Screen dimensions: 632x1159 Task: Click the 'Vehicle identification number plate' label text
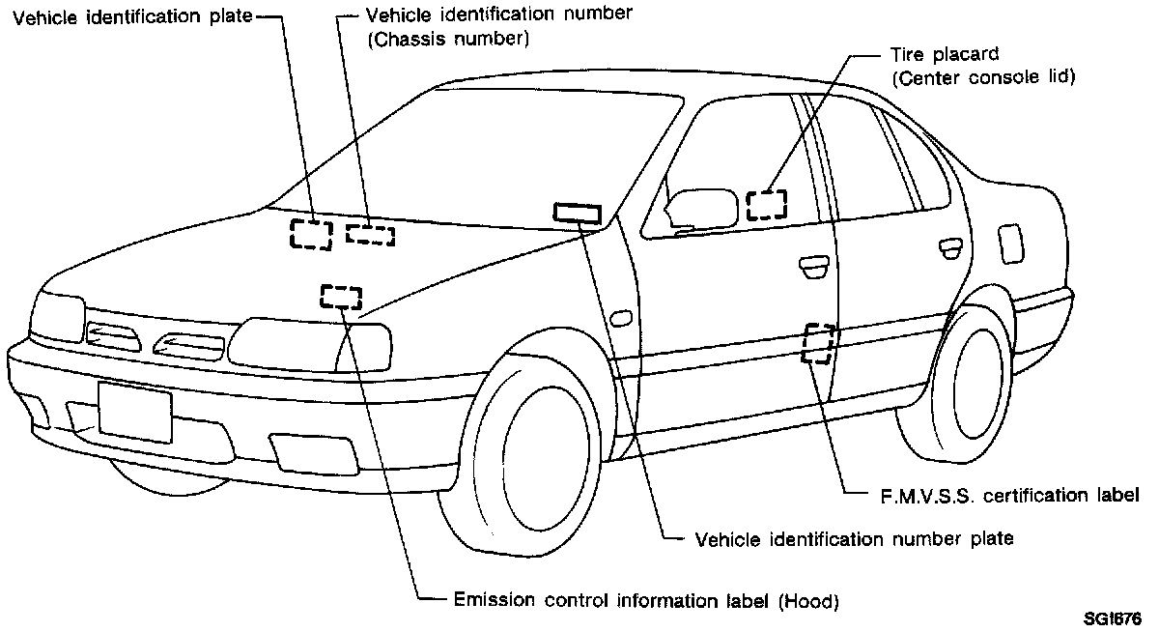click(854, 537)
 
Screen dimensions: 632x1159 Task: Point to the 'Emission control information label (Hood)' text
click(645, 599)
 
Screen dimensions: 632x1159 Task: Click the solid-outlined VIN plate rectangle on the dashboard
click(577, 213)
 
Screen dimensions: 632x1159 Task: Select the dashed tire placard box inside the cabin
click(767, 204)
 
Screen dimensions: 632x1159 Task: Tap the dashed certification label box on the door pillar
click(818, 342)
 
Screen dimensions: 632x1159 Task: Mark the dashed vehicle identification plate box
click(311, 234)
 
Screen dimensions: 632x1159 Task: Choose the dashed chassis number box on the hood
click(370, 233)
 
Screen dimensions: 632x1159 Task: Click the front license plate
click(134, 412)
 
